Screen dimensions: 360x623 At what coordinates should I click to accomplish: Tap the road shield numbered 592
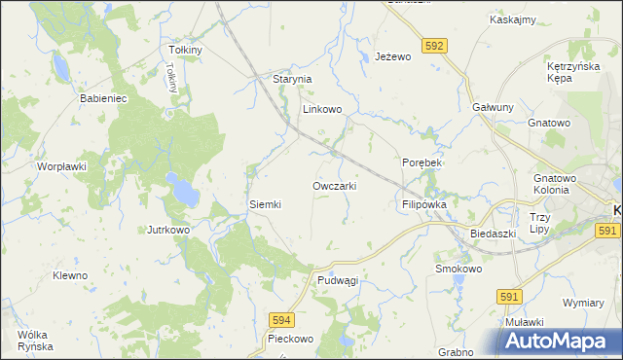[435, 45]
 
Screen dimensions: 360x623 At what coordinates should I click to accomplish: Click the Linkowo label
[322, 110]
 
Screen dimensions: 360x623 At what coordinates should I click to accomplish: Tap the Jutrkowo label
[167, 230]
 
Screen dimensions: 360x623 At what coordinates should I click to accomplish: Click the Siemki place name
[265, 204]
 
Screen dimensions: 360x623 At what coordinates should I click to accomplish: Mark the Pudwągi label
[338, 280]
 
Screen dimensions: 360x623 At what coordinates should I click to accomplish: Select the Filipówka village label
[423, 206]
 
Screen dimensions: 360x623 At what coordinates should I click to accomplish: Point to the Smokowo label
[459, 269]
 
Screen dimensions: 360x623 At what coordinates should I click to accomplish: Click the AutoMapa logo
[561, 341]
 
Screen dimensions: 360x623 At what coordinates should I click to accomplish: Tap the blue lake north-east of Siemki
[180, 190]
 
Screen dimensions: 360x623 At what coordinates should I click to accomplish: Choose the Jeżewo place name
[394, 57]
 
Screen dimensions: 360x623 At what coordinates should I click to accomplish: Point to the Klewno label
[70, 275]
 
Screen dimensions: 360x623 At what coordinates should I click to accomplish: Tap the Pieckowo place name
[290, 340]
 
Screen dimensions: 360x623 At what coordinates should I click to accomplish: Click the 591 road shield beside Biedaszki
[607, 230]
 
